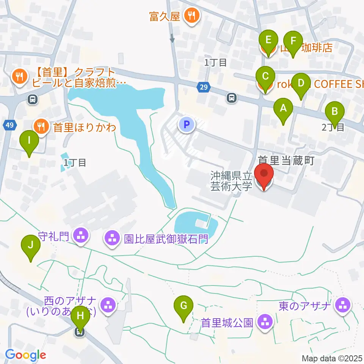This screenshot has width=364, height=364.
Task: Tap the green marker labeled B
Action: [x=335, y=112]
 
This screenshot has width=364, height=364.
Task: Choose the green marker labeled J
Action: [x=31, y=246]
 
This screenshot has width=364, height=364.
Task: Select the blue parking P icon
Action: [x=186, y=124]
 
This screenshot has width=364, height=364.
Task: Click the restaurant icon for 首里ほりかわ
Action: [x=40, y=126]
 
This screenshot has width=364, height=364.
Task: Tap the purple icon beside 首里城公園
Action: [x=264, y=322]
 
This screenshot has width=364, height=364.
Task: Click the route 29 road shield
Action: [x=204, y=88]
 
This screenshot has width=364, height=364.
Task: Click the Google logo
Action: [x=25, y=355]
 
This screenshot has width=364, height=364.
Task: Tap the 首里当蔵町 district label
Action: [x=286, y=161]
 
